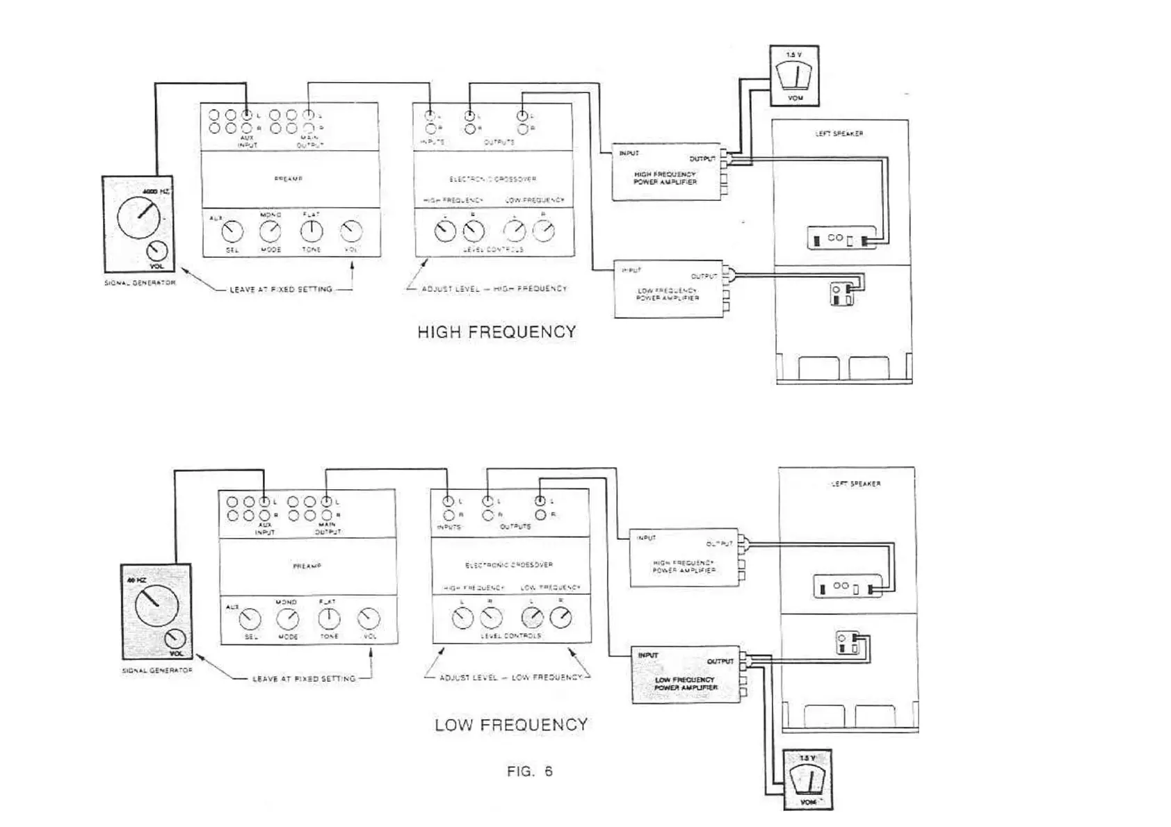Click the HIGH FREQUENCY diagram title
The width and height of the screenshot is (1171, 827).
click(496, 332)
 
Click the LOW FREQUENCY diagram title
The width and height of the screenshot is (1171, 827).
click(511, 725)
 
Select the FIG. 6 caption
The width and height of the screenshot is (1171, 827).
click(530, 771)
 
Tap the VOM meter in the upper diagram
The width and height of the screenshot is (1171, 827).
click(794, 76)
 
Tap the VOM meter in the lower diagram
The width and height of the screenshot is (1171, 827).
click(807, 780)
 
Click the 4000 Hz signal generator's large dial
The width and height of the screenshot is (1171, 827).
click(139, 216)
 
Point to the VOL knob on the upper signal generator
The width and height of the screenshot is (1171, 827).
click(157, 252)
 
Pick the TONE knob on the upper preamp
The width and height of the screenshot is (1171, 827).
click(312, 231)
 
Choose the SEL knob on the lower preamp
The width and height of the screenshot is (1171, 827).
click(250, 618)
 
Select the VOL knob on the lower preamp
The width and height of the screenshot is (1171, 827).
click(369, 618)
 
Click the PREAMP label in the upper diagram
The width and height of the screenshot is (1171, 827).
click(289, 179)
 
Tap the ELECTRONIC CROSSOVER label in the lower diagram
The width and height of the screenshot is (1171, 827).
click(509, 565)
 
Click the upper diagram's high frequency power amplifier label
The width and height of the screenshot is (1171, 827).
click(665, 178)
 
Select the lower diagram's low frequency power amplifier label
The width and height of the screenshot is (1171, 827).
click(685, 684)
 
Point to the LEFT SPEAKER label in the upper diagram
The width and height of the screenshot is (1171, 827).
click(839, 133)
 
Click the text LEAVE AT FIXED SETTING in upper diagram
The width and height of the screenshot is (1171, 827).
click(281, 289)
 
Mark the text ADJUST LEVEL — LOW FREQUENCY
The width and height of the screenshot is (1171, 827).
click(510, 678)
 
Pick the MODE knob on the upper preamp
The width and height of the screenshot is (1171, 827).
click(270, 231)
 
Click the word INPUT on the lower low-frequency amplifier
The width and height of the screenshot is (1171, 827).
click(647, 655)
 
